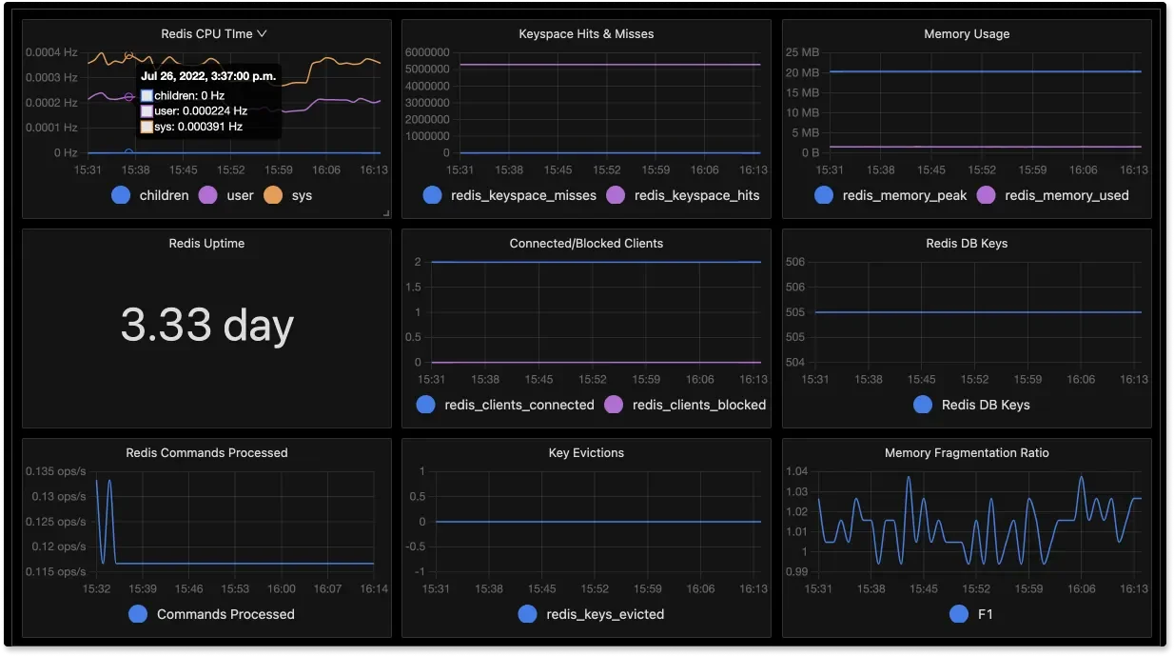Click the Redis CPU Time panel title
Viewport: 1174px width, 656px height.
206,33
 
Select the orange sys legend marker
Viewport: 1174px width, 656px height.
273,195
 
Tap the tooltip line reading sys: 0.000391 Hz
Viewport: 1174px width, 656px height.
198,127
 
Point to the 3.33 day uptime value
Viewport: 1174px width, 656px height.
206,326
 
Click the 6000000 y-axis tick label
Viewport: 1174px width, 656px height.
427,52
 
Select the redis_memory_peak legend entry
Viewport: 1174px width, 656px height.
904,195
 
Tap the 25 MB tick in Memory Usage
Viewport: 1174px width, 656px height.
804,52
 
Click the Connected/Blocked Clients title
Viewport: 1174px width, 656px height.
586,243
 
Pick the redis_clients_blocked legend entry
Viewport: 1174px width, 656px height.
698,405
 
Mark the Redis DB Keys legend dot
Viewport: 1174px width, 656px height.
923,405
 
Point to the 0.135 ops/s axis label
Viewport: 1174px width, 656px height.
54,471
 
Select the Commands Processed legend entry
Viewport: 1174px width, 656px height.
225,614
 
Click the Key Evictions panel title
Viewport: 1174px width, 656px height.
586,452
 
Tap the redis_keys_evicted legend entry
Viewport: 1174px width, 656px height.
604,614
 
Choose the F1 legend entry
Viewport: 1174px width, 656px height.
985,614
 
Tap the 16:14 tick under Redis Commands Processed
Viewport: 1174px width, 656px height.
374,589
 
